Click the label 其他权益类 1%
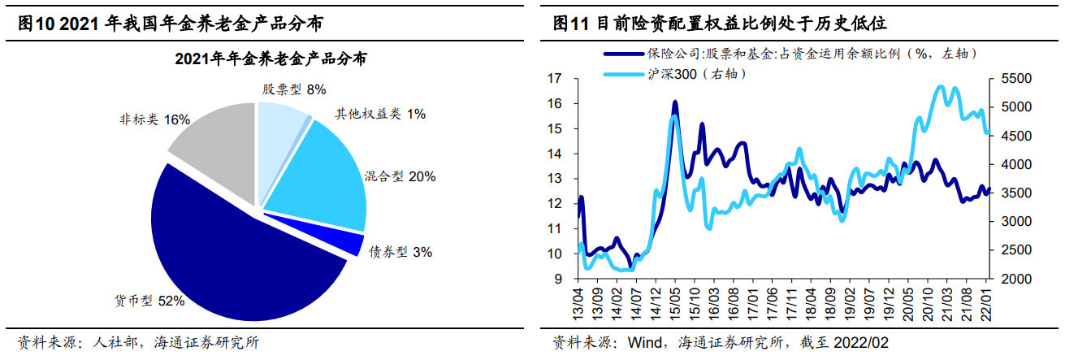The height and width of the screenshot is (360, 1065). (x=380, y=115)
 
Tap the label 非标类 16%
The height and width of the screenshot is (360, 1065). (x=154, y=120)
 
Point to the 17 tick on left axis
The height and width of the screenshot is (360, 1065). (x=555, y=79)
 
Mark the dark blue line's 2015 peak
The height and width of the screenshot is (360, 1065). (x=675, y=102)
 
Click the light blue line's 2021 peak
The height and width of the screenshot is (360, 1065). (x=940, y=86)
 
